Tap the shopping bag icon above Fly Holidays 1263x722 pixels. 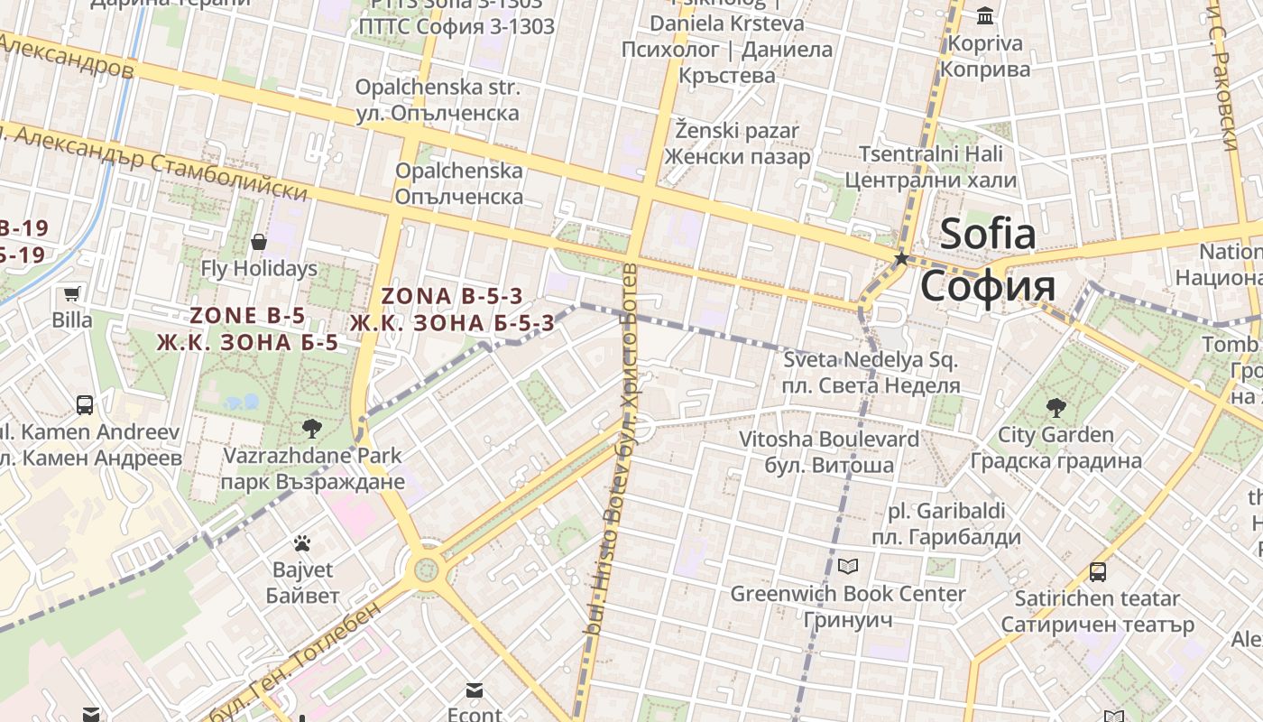[x=259, y=242]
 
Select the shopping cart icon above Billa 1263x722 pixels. [x=71, y=293]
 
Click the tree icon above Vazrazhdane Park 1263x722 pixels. [x=312, y=428]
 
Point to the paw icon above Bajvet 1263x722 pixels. [x=302, y=543]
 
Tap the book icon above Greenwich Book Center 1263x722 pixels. [x=847, y=566]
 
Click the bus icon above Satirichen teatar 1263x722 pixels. [x=1098, y=571]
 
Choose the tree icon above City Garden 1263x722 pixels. [x=1056, y=408]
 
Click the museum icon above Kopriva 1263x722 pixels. [x=985, y=16]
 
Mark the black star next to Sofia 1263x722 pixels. [x=900, y=258]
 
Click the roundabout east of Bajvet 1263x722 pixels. [x=425, y=569]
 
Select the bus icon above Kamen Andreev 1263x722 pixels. [x=85, y=404]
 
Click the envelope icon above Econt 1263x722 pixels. [x=475, y=690]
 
